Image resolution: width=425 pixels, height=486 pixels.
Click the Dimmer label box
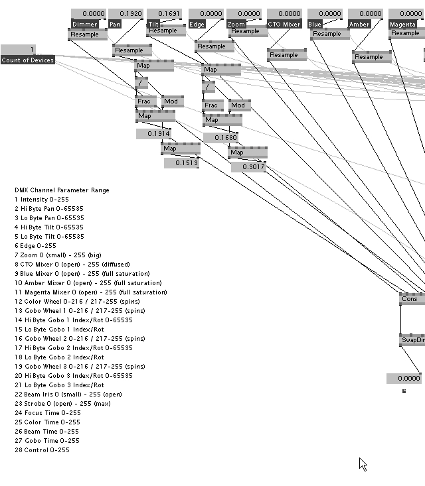(84, 24)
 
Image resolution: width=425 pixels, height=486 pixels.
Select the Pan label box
(115, 24)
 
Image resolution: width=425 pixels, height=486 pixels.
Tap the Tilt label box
(153, 24)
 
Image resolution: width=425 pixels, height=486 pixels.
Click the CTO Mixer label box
(284, 24)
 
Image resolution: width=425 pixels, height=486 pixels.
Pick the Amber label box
(359, 24)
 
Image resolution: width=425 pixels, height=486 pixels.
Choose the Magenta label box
(402, 24)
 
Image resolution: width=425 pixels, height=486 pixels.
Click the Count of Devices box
(28, 60)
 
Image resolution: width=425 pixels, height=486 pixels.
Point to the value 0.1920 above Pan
(126, 13)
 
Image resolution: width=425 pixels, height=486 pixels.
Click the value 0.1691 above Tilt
(164, 13)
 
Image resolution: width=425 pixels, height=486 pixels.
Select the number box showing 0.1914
(153, 134)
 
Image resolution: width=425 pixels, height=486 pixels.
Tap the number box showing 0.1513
(181, 163)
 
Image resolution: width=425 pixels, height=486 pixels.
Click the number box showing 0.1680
(220, 138)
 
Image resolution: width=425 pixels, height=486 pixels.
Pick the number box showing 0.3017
(248, 167)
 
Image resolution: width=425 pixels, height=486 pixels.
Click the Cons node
(411, 299)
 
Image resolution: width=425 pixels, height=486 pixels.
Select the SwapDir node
(412, 340)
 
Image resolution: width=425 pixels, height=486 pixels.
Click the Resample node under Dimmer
(88, 34)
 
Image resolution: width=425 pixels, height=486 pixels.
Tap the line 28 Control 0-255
(42, 450)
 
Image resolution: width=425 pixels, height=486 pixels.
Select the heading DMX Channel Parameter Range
(62, 190)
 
